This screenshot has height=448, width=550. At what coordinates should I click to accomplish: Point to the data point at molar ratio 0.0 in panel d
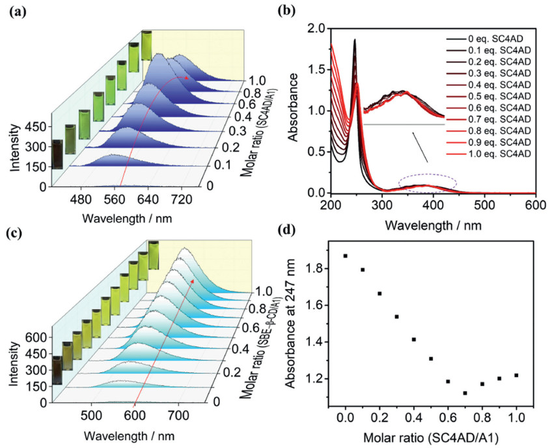coord(345,256)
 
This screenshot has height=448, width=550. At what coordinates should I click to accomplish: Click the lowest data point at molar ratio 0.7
coord(465,393)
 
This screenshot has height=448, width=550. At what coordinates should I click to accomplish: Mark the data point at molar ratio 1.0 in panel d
coord(516,375)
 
